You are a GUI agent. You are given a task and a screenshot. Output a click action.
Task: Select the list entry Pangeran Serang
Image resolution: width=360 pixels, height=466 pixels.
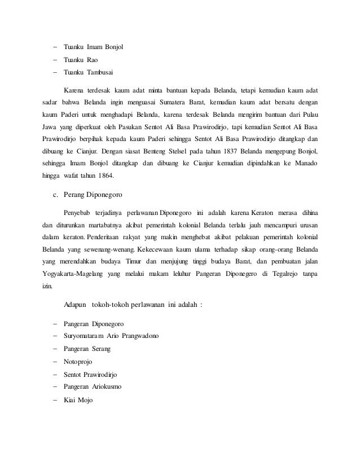[x=87, y=349]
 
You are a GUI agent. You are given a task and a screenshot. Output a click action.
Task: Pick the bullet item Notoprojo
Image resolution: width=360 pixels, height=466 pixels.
[x=78, y=362]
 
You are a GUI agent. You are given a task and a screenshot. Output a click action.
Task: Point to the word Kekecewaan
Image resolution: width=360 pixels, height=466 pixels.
[x=178, y=249]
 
